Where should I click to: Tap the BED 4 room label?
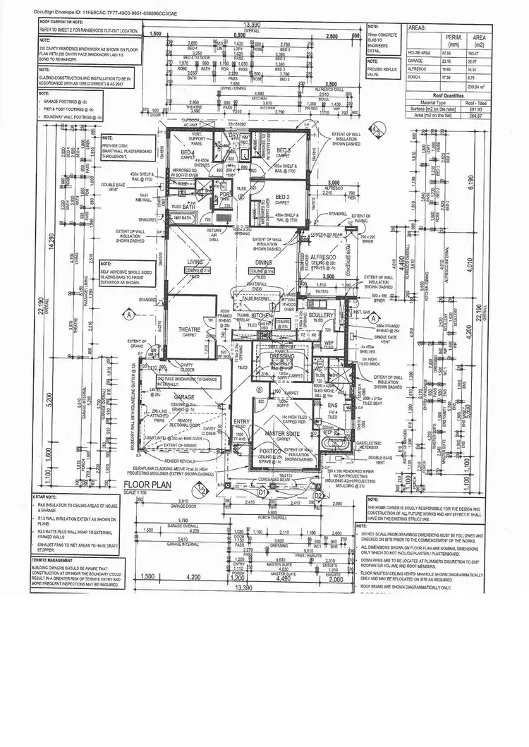click(x=187, y=153)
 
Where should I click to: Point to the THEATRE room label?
click(x=189, y=329)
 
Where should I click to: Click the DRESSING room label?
click(x=281, y=357)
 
